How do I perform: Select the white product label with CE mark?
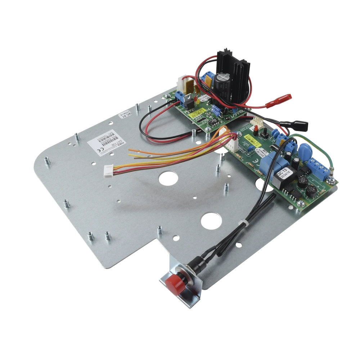click(x=102, y=141)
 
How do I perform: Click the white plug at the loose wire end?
click(x=109, y=168)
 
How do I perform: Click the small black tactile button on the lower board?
click(x=264, y=135)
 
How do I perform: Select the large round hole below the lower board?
click(x=210, y=220)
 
